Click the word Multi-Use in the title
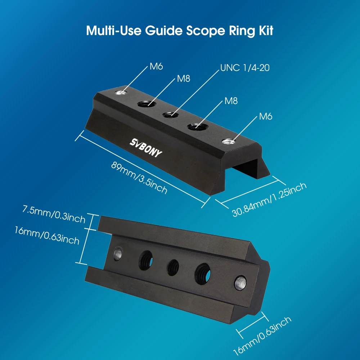point(113,30)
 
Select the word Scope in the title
point(205,31)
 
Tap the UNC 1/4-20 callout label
point(245,68)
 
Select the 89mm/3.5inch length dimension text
point(139,178)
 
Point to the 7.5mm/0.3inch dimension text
point(54,214)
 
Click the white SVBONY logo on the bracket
point(146,148)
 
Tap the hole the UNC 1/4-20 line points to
point(170,114)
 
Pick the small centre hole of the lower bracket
point(173,267)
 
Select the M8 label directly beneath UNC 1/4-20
point(231,101)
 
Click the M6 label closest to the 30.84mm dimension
point(266,116)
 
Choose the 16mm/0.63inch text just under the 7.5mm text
point(47,235)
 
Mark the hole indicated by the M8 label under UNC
point(198,126)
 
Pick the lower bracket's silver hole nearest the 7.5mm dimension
point(118,253)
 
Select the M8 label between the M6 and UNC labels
point(184,79)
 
